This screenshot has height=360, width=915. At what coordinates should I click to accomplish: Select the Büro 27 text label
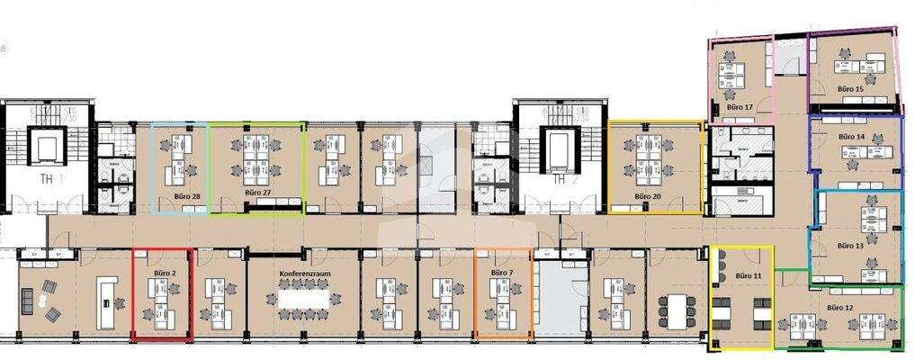[x=257, y=193]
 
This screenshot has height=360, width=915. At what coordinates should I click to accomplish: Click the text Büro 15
[x=850, y=90]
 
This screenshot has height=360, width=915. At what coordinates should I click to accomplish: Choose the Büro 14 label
[x=851, y=136]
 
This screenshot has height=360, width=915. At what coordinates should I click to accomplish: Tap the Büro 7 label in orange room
[x=502, y=271]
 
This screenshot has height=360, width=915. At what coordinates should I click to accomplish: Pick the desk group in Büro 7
[x=501, y=301]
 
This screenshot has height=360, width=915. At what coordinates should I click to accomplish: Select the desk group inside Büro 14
[x=857, y=153]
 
